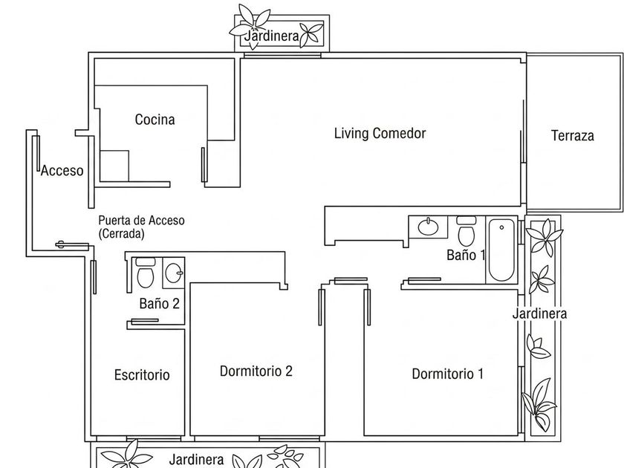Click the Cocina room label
tap(155, 120)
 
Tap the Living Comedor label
tap(380, 133)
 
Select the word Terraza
tap(573, 136)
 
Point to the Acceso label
tap(62, 170)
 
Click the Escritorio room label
tap(142, 374)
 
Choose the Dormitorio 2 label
tap(256, 371)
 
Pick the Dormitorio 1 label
tap(448, 374)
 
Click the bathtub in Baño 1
tap(501, 250)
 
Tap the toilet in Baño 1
tap(467, 231)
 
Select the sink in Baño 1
tap(428, 227)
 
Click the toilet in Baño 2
tap(146, 273)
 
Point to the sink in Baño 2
tap(174, 273)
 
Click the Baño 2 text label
tap(160, 304)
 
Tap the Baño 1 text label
tap(466, 255)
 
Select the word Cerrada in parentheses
tap(121, 233)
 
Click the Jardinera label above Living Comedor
tap(272, 36)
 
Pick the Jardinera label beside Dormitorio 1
tap(539, 313)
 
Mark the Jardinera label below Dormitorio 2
tap(196, 460)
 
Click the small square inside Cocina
tap(114, 166)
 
